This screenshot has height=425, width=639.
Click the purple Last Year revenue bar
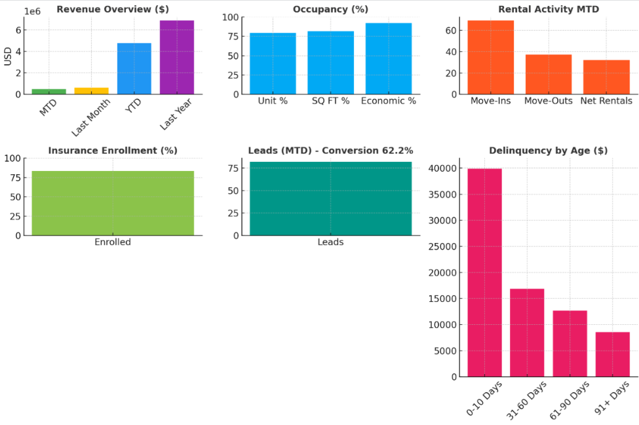(177, 58)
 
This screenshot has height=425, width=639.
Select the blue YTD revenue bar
(134, 69)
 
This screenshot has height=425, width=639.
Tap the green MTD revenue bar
(49, 92)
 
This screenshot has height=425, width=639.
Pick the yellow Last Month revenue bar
(92, 91)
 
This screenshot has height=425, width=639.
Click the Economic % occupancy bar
(389, 59)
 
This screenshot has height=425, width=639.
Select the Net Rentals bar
(606, 77)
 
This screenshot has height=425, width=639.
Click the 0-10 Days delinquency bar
(484, 272)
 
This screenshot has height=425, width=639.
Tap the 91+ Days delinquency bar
(613, 354)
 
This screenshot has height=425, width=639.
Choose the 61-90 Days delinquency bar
(570, 343)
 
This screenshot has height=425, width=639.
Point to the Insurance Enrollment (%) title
(113, 151)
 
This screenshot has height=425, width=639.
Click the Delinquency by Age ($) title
(549, 151)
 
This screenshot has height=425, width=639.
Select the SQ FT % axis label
(330, 101)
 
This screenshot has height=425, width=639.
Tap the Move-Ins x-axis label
(490, 101)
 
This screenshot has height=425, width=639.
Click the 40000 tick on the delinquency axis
(444, 169)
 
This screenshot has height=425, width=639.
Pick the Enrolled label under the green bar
(113, 242)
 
